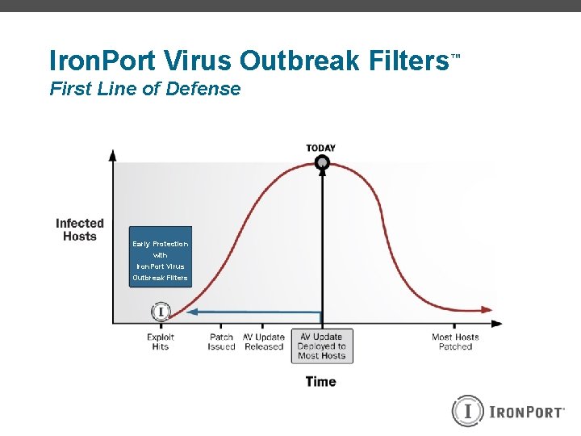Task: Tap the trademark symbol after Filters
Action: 455,57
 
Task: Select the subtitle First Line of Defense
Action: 145,89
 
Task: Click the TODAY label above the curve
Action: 321,148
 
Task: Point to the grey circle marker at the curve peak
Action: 322,163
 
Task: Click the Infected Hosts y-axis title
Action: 80,229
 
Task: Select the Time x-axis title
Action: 320,381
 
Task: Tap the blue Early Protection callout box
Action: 161,257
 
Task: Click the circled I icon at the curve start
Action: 161,311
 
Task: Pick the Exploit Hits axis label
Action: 161,342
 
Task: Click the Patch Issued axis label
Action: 221,342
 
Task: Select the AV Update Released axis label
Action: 264,342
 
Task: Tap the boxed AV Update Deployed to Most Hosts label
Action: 322,346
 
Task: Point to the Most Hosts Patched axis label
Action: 455,342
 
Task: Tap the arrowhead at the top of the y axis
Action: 113,154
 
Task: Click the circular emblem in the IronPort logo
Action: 467,411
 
